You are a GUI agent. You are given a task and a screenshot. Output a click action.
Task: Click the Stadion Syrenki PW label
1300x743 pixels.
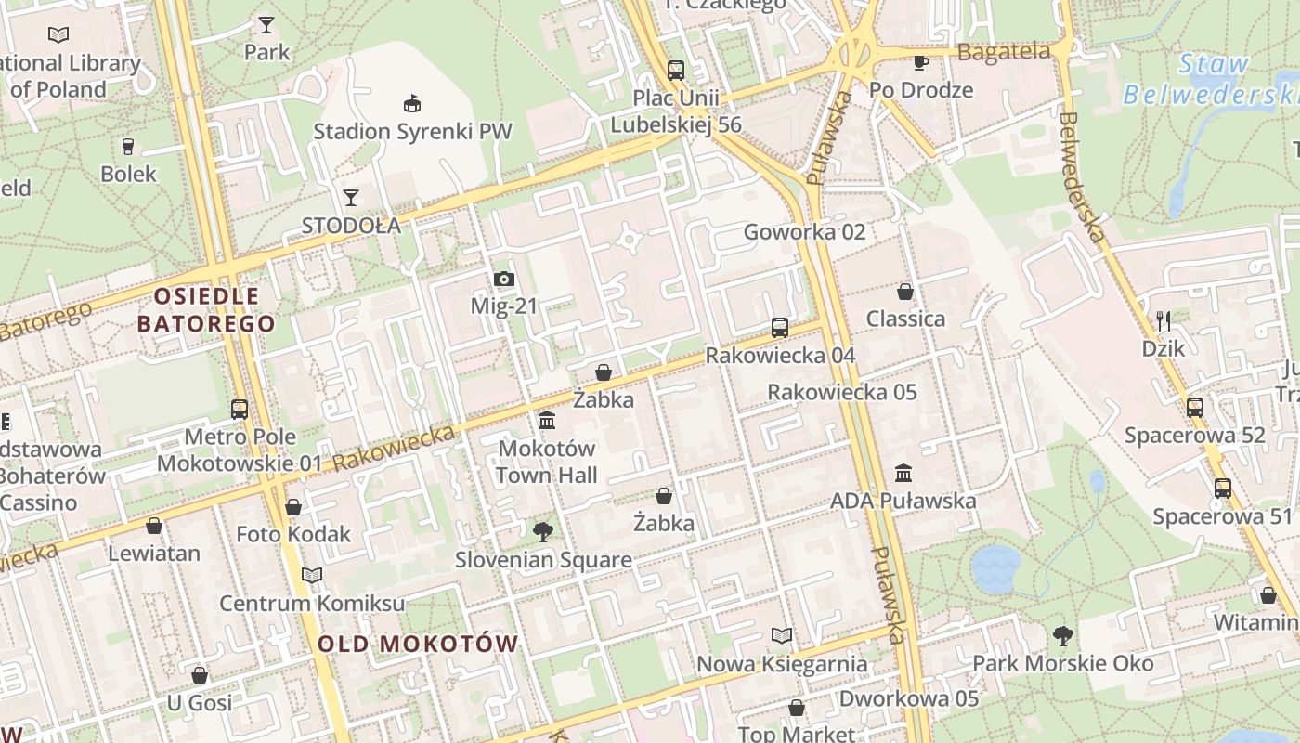412,131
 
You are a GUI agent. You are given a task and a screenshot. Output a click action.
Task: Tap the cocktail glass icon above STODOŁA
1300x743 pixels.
351,197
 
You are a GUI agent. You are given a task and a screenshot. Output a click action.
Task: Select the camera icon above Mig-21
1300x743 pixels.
504,279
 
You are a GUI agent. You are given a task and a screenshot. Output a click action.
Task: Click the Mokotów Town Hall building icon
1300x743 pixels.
547,421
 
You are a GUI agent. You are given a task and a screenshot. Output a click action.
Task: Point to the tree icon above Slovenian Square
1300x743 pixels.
543,532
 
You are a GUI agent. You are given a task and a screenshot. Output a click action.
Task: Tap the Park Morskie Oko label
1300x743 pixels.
1062,663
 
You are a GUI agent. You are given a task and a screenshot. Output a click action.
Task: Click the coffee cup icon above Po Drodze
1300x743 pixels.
920,62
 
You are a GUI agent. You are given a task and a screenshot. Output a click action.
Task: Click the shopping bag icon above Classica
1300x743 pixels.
905,292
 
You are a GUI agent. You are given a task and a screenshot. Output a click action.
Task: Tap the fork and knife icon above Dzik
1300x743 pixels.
1163,321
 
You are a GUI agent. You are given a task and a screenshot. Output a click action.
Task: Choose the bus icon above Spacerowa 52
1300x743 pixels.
1195,407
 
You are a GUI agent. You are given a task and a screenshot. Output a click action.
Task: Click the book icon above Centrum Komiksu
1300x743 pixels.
312,576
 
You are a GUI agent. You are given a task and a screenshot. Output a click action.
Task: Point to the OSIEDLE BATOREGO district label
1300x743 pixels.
206,310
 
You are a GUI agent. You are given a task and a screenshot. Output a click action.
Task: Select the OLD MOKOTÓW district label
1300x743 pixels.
418,644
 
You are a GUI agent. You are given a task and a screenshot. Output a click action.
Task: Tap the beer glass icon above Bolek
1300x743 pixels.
128,146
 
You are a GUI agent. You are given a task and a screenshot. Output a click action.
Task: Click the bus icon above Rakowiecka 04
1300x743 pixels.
780,327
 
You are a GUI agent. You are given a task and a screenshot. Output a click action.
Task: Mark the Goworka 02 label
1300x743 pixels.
804,232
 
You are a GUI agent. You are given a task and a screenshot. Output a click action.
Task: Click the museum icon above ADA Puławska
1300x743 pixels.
903,473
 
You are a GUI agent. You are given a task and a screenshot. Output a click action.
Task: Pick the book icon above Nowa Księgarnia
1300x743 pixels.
782,636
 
